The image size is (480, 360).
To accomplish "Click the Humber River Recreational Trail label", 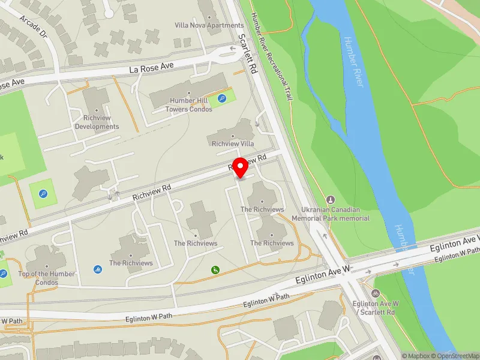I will [271, 57].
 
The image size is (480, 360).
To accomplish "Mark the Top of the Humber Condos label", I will [47, 278].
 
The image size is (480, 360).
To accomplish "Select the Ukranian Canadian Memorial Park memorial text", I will [329, 214].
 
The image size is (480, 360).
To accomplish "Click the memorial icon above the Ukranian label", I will [329, 199].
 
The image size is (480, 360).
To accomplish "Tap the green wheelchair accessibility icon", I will [215, 271].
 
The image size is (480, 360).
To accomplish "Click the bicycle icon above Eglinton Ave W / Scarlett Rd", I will [375, 293].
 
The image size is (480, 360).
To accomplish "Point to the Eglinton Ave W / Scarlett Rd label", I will [374, 308].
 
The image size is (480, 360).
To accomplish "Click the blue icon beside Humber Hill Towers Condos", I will [222, 98].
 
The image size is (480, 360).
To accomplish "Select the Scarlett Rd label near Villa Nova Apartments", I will [248, 53].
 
